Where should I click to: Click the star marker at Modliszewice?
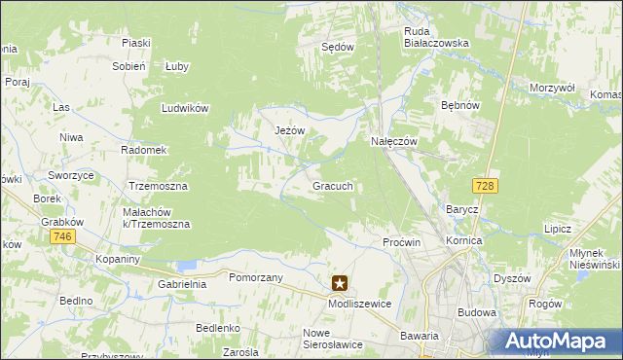click(x=340, y=284)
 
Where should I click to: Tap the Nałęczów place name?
click(x=394, y=141)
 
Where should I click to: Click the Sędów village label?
click(x=338, y=46)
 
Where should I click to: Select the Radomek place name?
click(x=144, y=151)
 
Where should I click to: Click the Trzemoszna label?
click(x=159, y=185)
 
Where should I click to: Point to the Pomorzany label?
click(x=255, y=277)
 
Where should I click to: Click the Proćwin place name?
click(x=401, y=241)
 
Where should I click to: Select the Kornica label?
click(x=464, y=239)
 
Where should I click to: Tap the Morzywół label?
click(x=553, y=88)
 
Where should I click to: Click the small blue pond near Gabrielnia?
click(x=186, y=264)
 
